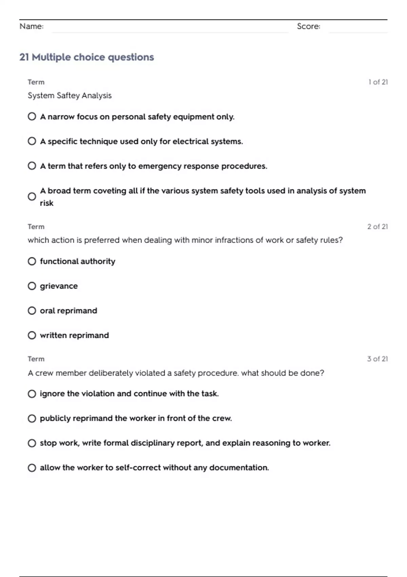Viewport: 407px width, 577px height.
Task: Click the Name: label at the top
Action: (32, 26)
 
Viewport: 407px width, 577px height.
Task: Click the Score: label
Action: (308, 26)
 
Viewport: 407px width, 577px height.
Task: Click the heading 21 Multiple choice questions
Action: (86, 57)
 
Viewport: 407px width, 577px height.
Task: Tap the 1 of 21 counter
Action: (378, 82)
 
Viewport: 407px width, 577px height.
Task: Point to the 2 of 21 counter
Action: (377, 227)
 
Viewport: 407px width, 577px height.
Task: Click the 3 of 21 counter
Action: (377, 359)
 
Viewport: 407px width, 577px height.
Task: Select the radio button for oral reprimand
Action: (32, 311)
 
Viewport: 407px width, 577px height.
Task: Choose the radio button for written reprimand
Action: (32, 336)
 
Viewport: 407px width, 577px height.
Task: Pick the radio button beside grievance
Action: (32, 286)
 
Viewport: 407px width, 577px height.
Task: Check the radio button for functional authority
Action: (32, 261)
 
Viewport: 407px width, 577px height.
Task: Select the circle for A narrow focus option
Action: (32, 117)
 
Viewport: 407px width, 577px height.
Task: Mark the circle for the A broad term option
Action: (32, 197)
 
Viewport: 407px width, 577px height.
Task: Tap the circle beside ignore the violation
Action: (32, 394)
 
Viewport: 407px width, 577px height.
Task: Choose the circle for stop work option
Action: (32, 443)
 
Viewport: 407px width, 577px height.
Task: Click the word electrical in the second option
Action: (190, 142)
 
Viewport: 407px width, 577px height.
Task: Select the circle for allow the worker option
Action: (32, 468)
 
